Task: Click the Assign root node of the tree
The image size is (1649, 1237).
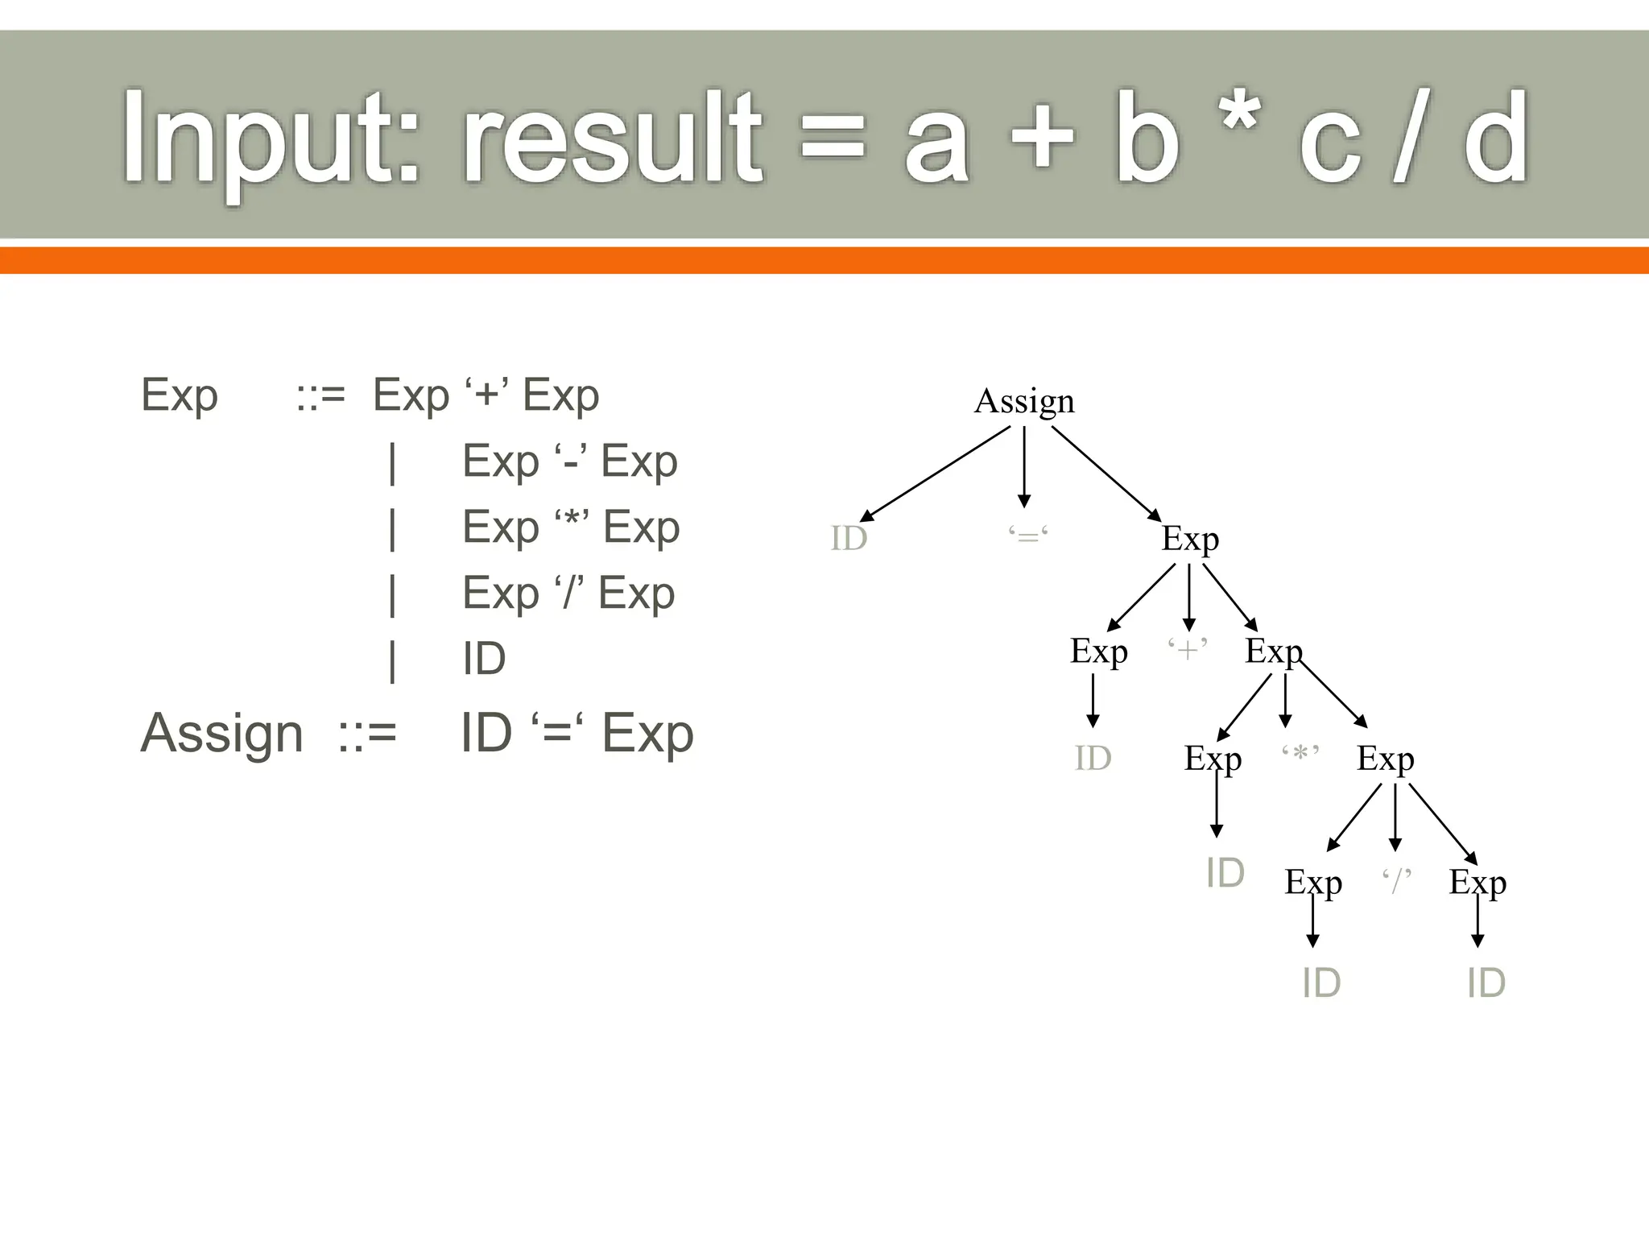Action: pos(1024,401)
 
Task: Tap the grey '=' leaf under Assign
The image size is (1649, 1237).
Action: pos(1028,536)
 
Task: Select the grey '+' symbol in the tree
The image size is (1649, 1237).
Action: pos(1188,648)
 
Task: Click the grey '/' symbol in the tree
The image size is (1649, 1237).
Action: pos(1397,880)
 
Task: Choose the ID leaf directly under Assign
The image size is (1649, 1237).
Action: pos(849,538)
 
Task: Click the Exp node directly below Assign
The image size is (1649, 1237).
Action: pos(1190,539)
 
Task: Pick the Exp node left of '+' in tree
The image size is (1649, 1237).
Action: pos(1098,652)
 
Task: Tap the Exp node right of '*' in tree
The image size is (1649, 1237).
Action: pos(1385,759)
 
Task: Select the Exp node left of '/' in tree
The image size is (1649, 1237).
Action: pos(1312,883)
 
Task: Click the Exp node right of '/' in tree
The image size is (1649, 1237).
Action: pos(1477,883)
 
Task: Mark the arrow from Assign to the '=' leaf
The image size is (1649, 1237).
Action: pos(1024,467)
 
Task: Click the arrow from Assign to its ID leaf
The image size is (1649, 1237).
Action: pos(934,474)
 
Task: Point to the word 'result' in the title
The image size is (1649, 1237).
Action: pos(612,139)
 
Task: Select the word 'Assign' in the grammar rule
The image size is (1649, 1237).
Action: pos(222,734)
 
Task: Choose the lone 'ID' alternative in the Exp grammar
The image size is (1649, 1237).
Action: pos(484,659)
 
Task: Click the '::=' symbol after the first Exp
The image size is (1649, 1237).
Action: pos(320,396)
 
